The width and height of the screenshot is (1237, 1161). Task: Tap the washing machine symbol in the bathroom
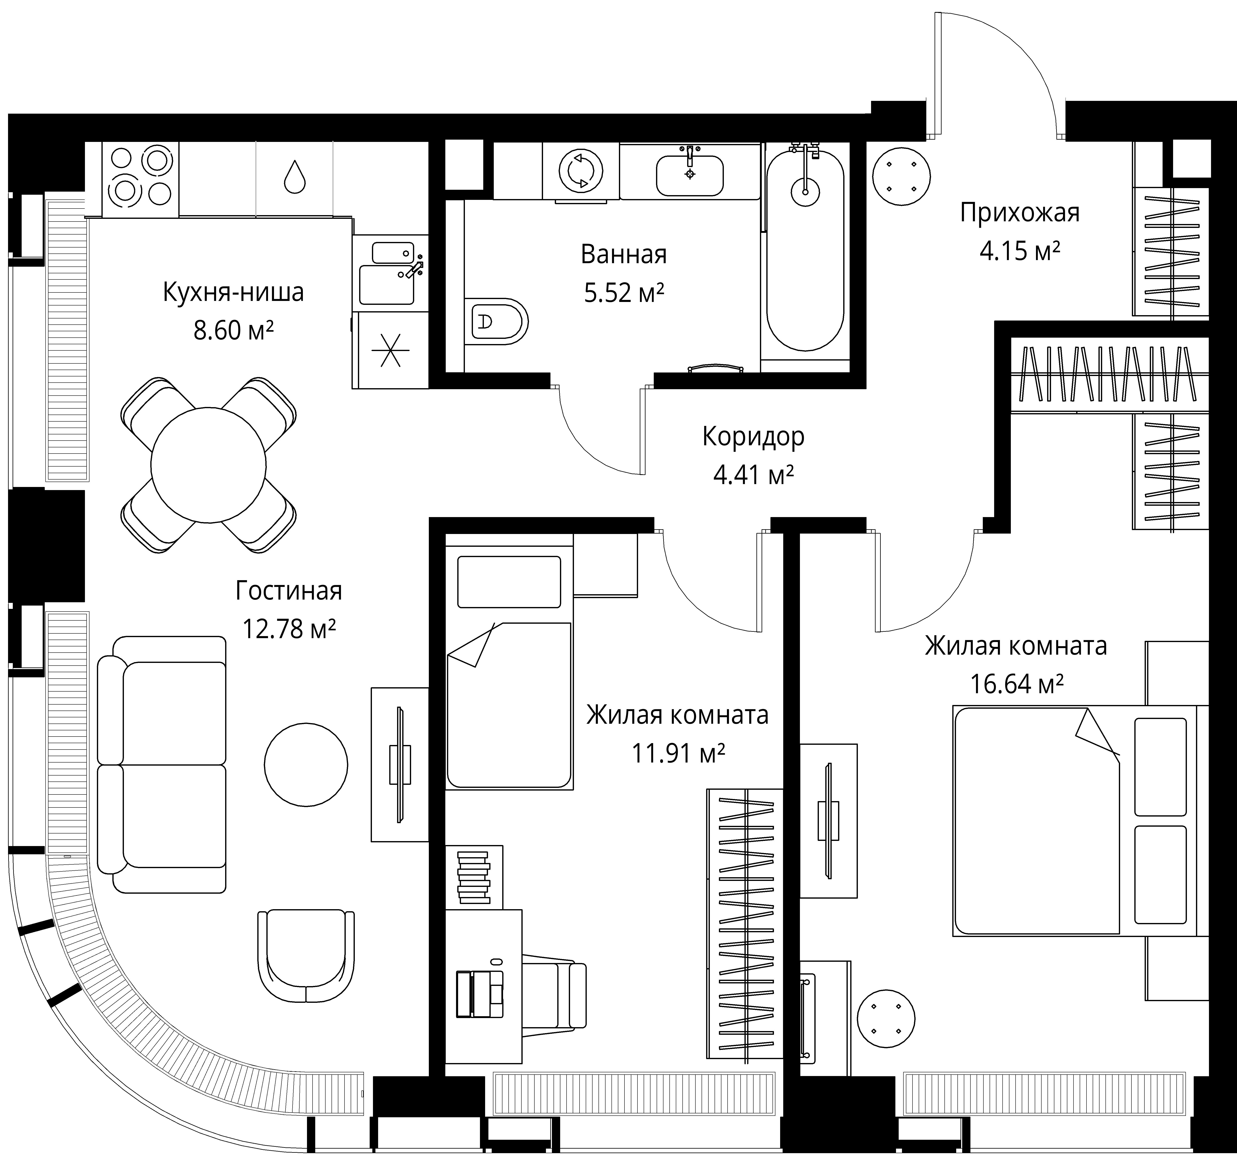click(x=581, y=171)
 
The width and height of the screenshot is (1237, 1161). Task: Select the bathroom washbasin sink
click(x=689, y=175)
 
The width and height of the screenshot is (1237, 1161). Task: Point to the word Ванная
click(x=623, y=254)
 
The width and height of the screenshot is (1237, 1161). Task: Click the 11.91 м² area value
click(x=678, y=753)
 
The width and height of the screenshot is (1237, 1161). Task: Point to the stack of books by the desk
click(x=474, y=878)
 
